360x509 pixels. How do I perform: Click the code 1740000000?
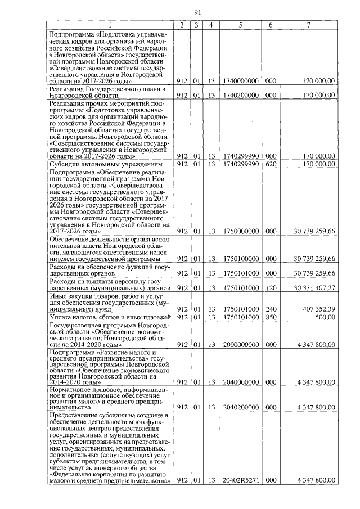tap(240, 81)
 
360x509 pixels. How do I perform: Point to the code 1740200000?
tap(240, 96)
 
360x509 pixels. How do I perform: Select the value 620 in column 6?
tap(271, 164)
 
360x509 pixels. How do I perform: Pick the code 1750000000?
tap(240, 231)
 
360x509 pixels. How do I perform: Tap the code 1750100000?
tap(240, 259)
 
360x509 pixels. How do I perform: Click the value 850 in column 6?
tap(271, 317)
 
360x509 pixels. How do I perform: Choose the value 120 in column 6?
tap(271, 287)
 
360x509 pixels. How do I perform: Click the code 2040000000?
tap(240, 382)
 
